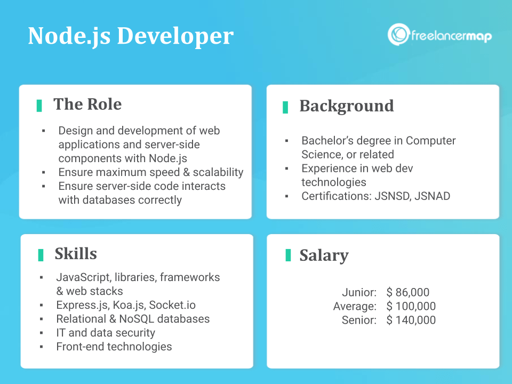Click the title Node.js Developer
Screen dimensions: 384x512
pos(130,36)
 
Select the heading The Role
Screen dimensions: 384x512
pos(87,104)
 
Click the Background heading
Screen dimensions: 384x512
pos(347,106)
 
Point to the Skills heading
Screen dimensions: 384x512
pos(76,253)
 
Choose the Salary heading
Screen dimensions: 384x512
pos(324,255)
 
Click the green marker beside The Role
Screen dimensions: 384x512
pos(39,105)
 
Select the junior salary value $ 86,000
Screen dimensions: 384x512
pos(408,292)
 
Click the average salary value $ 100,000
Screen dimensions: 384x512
pos(411,306)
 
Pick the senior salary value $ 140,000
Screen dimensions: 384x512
pos(411,320)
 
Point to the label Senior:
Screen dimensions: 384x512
pos(359,320)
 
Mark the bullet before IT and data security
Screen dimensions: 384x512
pos(42,333)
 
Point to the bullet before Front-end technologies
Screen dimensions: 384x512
pos(42,347)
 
